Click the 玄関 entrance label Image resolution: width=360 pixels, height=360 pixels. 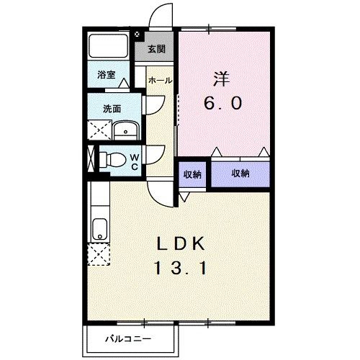[156, 49]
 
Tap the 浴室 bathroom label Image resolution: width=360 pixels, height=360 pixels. [106, 74]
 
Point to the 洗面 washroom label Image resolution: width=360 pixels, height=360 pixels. [111, 109]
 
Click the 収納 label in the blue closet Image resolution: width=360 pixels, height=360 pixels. [240, 173]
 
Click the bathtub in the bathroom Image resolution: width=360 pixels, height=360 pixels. [108, 47]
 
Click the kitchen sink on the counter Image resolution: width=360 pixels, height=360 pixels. [98, 230]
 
